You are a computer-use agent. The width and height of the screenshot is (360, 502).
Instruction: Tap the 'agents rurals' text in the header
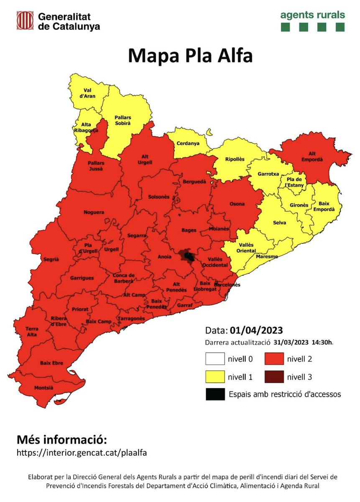point(312,15)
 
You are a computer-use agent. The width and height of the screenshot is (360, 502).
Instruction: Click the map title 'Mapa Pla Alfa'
point(190,56)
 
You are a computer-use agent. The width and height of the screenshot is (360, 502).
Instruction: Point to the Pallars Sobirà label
point(123,121)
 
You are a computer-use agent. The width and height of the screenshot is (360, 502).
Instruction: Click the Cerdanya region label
point(187,143)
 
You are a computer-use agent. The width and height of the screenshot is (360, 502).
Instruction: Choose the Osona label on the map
point(237,204)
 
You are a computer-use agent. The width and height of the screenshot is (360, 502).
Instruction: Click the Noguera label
point(94,213)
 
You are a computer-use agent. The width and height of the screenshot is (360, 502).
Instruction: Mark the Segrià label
point(51,259)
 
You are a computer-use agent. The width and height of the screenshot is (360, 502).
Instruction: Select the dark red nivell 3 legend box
point(274,377)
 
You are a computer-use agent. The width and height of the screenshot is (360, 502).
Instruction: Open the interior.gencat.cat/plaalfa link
point(82,452)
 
